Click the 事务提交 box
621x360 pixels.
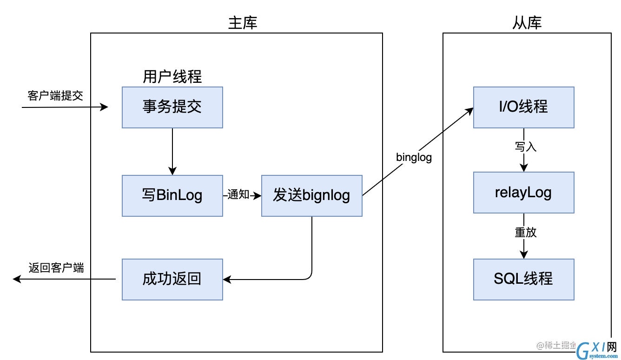click(172, 107)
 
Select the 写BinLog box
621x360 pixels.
click(172, 195)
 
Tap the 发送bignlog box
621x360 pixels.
click(311, 195)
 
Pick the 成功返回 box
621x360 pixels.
click(172, 279)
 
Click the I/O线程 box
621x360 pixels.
click(523, 107)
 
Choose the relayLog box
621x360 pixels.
click(523, 193)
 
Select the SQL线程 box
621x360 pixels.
click(523, 279)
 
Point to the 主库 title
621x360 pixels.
click(243, 23)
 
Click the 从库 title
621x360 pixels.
click(527, 23)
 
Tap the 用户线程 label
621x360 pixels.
click(172, 77)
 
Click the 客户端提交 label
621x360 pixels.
click(55, 96)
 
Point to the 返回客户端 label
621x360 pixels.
click(56, 268)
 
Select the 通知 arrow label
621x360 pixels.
click(238, 194)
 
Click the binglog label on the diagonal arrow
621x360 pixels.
click(414, 158)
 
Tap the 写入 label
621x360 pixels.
click(525, 147)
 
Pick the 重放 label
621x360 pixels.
click(525, 233)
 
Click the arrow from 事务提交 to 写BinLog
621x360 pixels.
click(172, 152)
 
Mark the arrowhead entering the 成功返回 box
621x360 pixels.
click(227, 279)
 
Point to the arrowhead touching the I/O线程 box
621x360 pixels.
click(469, 111)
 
